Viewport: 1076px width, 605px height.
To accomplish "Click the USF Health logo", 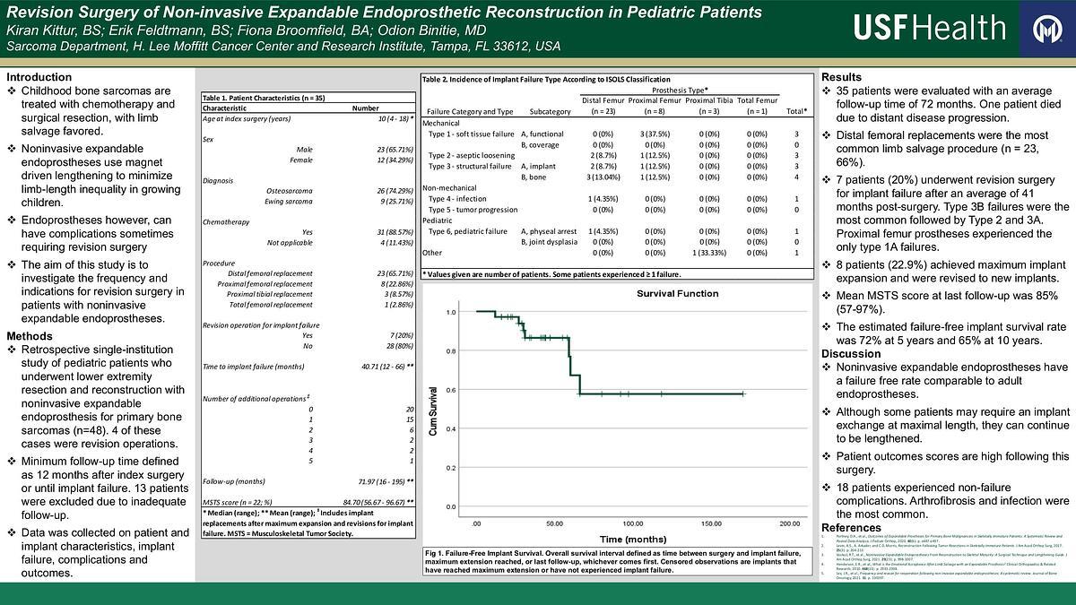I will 929,29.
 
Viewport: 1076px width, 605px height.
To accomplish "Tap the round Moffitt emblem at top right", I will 1046,30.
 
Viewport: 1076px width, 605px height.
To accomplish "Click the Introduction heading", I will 39,77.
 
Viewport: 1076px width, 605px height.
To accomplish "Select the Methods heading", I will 30,335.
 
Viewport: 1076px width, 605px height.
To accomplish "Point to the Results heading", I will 842,77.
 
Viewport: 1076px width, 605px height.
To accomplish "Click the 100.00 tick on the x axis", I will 632,523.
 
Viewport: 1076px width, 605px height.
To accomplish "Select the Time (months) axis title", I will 632,540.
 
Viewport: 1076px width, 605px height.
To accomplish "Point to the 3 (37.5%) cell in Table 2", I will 655,134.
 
